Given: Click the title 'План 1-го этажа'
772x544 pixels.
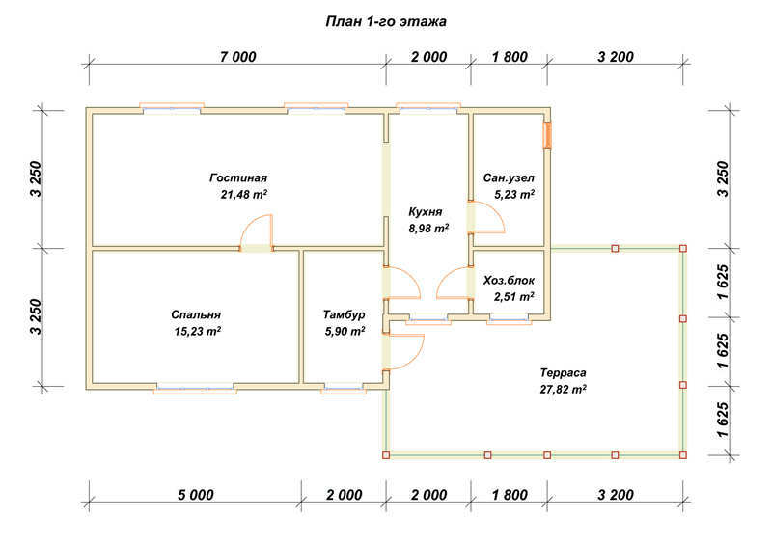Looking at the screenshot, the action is coord(386,21).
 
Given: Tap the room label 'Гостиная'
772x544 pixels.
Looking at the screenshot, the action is coord(238,177).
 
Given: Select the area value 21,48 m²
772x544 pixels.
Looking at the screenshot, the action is coord(244,195).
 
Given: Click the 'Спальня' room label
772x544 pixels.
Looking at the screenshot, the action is coord(196,314).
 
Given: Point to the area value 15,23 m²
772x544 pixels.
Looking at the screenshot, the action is coord(198,332).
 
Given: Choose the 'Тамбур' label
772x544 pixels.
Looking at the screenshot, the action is coord(345,314).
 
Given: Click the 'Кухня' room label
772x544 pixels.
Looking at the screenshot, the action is coord(426,211).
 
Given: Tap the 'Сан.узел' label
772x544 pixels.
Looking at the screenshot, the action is coord(509,177).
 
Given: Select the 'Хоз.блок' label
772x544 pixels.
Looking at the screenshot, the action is coord(509,281).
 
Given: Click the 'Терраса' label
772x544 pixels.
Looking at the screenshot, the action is coord(563,372).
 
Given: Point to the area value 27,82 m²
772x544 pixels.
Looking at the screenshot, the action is coord(564,390).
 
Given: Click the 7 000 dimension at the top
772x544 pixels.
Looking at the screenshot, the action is coord(237,57).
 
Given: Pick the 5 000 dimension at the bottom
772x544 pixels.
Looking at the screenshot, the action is coord(196,495).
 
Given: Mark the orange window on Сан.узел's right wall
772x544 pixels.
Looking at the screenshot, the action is coord(547,134).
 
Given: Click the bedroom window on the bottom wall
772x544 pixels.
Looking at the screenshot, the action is coord(196,390).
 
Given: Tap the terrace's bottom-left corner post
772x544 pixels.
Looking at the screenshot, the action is coord(386,455).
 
